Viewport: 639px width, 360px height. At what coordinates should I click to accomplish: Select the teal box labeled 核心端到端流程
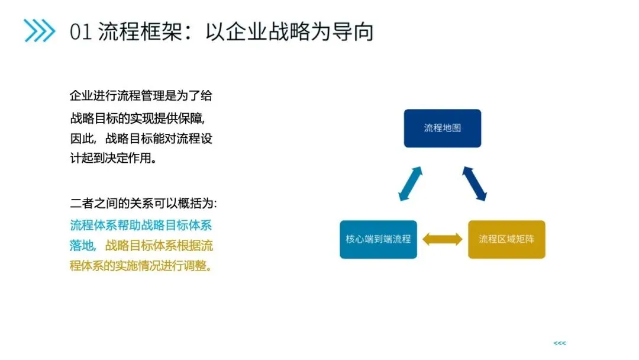(x=378, y=239)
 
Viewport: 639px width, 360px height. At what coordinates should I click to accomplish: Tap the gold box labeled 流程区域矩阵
(x=506, y=239)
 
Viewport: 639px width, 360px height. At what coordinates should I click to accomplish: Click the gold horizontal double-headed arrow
(x=443, y=239)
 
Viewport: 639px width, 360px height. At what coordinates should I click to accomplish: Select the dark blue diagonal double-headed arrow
(x=475, y=184)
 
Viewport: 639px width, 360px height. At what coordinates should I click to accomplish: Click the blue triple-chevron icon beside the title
(x=39, y=31)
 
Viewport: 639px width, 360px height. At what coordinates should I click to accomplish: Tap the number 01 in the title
(x=80, y=31)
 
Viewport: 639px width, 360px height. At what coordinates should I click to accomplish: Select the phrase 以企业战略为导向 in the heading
(x=289, y=31)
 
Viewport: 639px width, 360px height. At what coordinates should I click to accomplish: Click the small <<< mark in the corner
(x=559, y=343)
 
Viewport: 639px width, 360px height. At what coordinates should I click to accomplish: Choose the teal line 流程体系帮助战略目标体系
(x=141, y=225)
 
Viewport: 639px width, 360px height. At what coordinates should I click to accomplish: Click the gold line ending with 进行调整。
(x=140, y=266)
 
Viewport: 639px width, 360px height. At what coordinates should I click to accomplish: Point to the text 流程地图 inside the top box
(x=442, y=127)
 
